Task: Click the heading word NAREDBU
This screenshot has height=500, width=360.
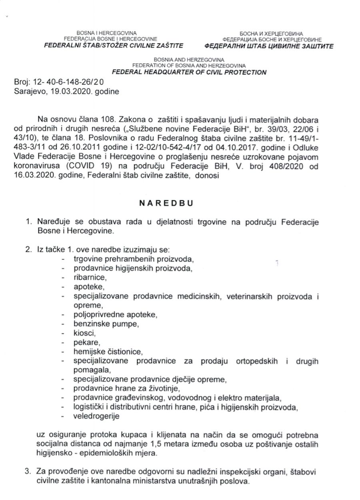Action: (166, 203)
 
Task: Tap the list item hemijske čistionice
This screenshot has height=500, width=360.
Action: (108, 352)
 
